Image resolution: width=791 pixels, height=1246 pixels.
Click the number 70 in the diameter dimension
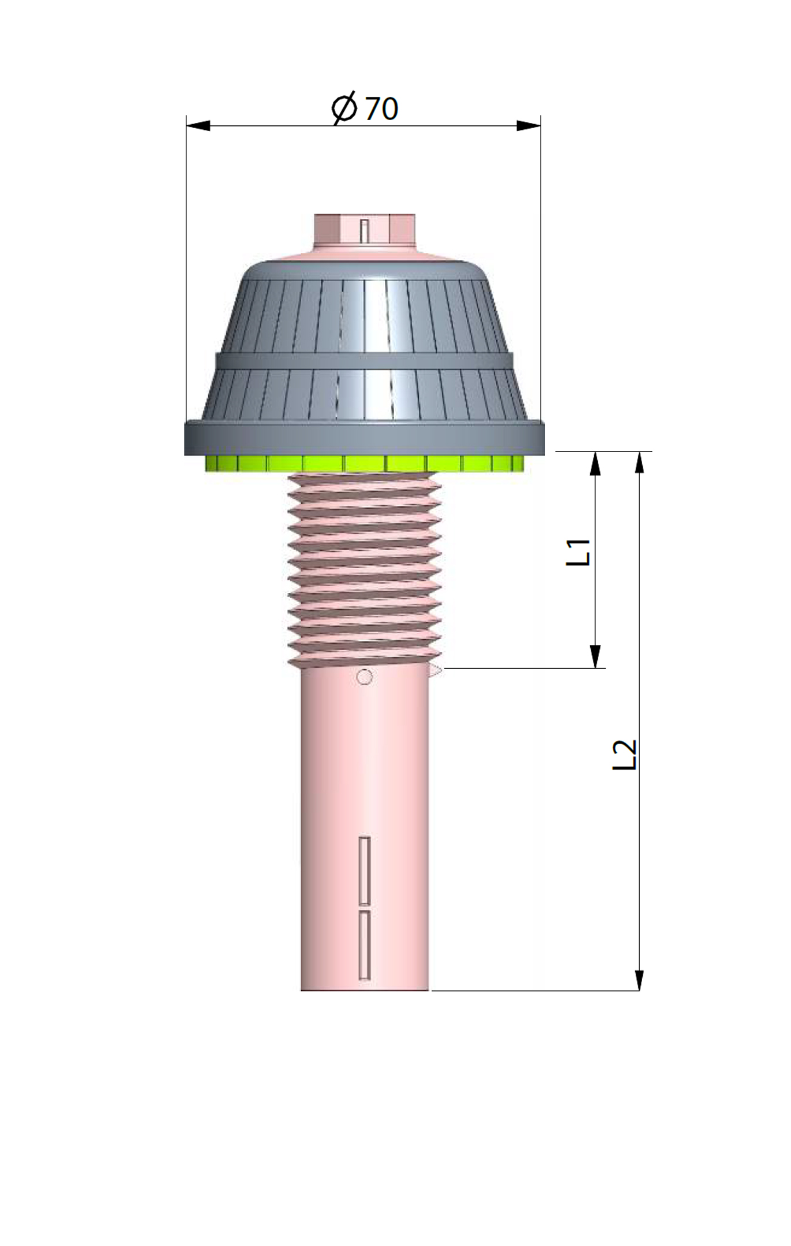[x=381, y=109]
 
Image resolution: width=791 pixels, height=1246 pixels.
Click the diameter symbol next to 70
[x=344, y=107]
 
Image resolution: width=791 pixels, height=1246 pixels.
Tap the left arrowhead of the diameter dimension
[x=198, y=125]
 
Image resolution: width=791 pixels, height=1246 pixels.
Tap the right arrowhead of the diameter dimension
[x=528, y=125]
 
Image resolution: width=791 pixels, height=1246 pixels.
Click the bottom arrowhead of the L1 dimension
[x=595, y=656]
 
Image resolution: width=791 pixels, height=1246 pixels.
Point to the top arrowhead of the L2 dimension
[x=639, y=463]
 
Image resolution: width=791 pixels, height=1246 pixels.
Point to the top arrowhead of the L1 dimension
[x=595, y=464]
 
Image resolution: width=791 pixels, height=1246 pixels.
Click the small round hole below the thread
[x=364, y=677]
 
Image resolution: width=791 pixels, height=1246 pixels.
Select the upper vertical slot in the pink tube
[x=365, y=870]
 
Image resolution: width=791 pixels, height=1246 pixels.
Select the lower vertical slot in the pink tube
[x=365, y=945]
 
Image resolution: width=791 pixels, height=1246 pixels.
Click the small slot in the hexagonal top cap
[x=364, y=230]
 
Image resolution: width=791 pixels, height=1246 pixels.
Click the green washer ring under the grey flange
[x=364, y=463]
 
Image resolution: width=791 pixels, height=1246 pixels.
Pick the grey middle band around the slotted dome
[x=364, y=360]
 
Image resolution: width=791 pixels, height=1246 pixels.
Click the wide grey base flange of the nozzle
[x=364, y=439]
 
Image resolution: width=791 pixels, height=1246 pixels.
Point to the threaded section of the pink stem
[x=364, y=569]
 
